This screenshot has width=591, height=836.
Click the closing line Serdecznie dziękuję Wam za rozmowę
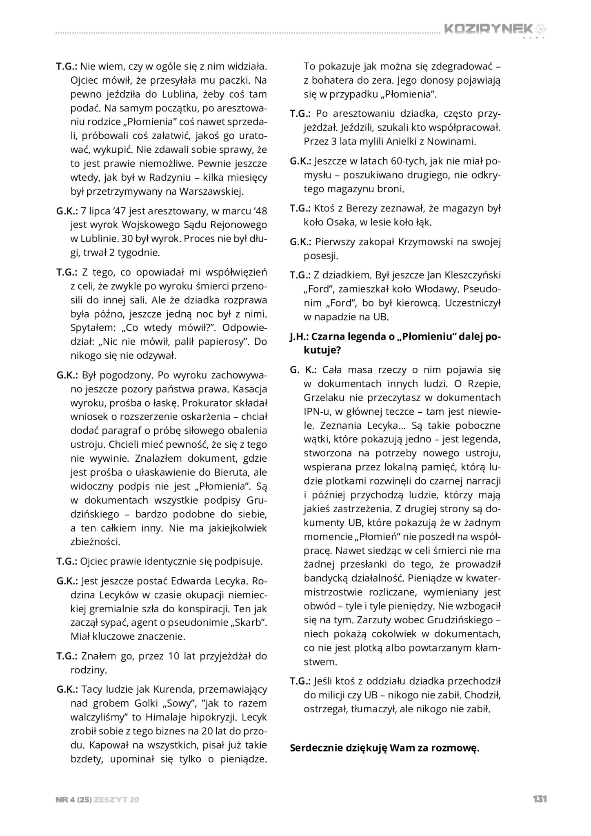(x=384, y=748)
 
